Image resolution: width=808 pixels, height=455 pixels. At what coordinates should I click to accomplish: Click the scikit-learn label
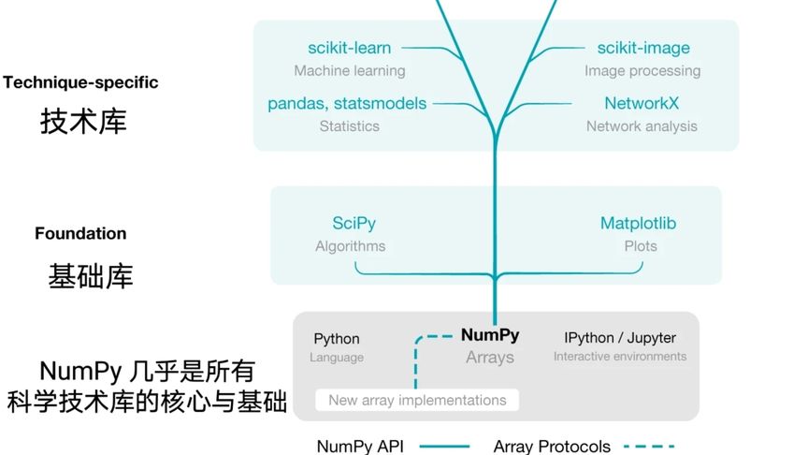(x=350, y=48)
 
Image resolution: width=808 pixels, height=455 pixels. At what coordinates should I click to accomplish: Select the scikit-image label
(x=643, y=48)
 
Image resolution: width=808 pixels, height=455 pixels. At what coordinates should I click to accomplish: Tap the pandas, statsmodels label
(x=347, y=103)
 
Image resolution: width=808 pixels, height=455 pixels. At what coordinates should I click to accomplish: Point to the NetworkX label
(x=642, y=103)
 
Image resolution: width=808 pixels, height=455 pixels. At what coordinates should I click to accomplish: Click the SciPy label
(x=353, y=224)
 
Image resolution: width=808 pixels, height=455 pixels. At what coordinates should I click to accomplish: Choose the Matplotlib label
(x=638, y=224)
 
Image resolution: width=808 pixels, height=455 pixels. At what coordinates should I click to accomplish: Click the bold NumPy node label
(x=490, y=335)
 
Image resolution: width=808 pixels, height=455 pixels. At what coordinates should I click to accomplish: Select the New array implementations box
(x=417, y=400)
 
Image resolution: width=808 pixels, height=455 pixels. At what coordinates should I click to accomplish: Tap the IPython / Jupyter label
(x=620, y=337)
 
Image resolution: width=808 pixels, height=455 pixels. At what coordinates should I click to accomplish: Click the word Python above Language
(x=337, y=339)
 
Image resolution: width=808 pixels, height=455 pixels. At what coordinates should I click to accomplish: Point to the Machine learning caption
(x=350, y=71)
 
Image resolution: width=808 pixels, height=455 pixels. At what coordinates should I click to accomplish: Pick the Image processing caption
(x=642, y=71)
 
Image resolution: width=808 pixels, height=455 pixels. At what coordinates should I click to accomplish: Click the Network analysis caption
(x=642, y=126)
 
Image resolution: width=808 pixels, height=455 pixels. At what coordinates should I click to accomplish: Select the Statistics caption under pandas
(x=350, y=126)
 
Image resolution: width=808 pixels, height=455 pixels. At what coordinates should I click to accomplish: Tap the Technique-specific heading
(x=80, y=82)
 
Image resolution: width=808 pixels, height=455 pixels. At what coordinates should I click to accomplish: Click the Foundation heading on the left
(x=80, y=233)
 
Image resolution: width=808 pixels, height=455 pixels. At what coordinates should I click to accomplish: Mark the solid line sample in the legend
(x=450, y=447)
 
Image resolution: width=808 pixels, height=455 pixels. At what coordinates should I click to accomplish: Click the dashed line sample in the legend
(x=647, y=447)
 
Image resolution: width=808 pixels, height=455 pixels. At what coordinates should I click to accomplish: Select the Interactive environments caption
(x=620, y=357)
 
